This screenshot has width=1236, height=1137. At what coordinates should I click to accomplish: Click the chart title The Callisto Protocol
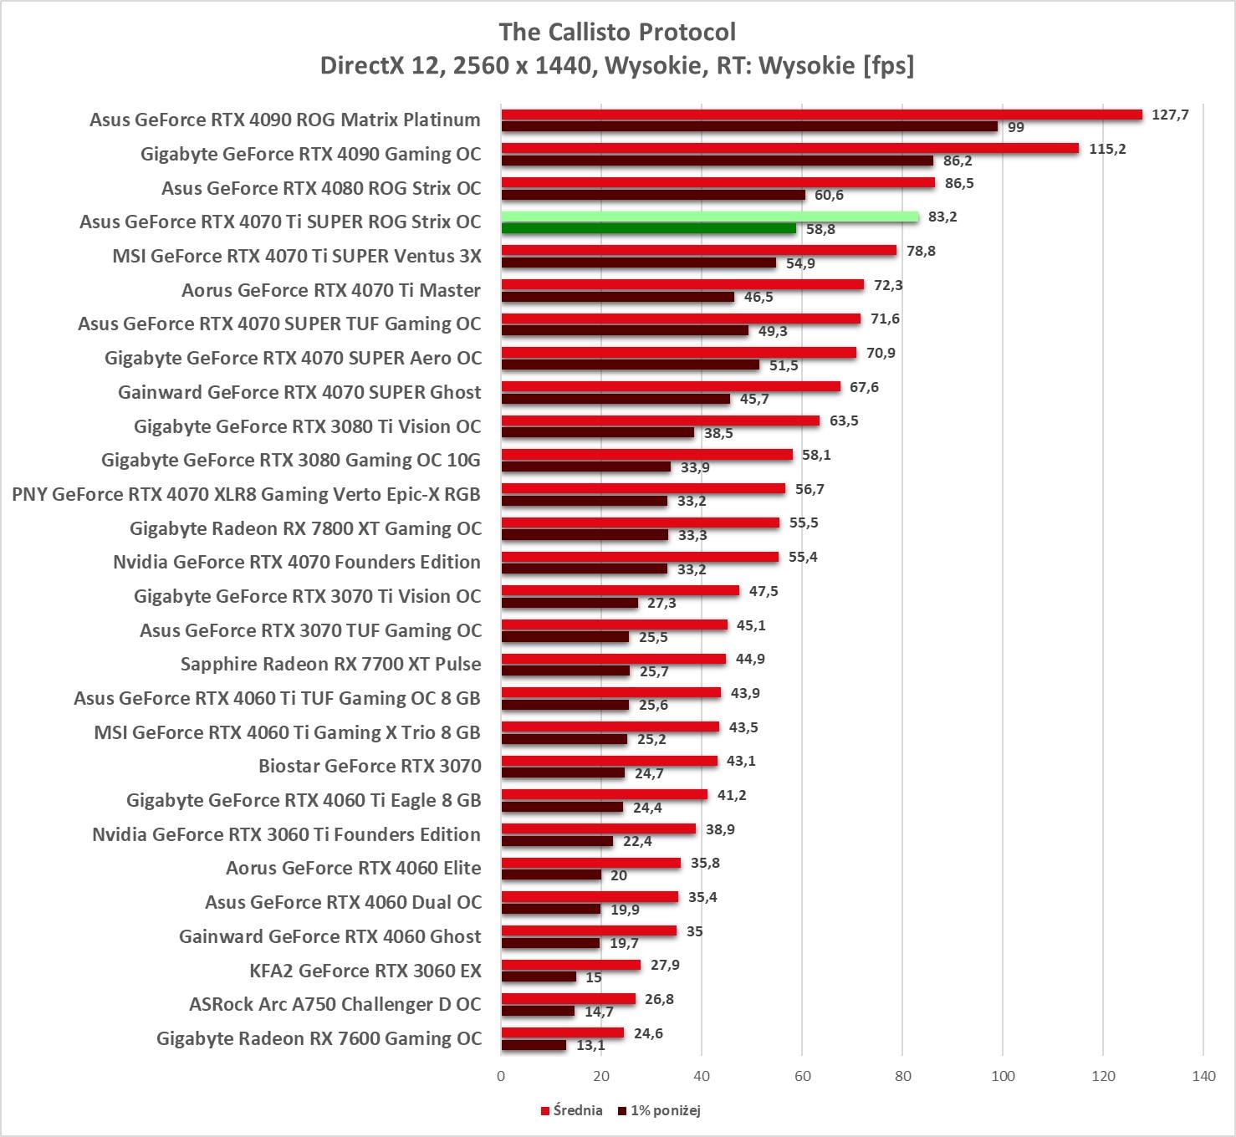point(617,32)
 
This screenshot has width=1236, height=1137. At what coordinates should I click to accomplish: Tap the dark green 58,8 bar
point(648,228)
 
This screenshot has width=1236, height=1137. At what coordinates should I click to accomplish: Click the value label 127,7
point(1170,115)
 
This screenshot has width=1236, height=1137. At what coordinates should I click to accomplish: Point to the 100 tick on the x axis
point(1003,1076)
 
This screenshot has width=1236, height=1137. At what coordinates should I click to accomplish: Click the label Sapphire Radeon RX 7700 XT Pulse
point(330,664)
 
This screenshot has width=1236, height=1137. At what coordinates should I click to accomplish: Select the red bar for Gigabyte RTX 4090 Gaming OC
point(789,148)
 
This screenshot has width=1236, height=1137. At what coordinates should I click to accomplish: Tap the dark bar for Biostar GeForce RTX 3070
point(563,772)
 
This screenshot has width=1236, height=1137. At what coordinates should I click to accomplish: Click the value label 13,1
point(590,1045)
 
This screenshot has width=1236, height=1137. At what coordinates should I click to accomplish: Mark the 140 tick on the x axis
point(1203,1076)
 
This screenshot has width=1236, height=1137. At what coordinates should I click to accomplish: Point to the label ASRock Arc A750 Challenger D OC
point(335,1004)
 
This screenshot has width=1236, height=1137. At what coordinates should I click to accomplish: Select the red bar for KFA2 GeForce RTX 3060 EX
point(570,965)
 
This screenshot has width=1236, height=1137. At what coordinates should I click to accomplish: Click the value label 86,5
point(959,183)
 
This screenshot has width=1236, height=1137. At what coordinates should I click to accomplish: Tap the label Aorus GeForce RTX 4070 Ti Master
point(330,290)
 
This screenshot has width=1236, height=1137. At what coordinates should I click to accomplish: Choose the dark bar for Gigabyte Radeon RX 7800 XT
point(585,534)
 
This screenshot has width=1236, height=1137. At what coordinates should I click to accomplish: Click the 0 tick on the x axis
point(501,1076)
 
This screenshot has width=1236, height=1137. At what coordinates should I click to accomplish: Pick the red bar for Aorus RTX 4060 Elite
point(590,863)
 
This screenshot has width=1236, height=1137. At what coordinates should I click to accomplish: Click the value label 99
point(1016,127)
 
